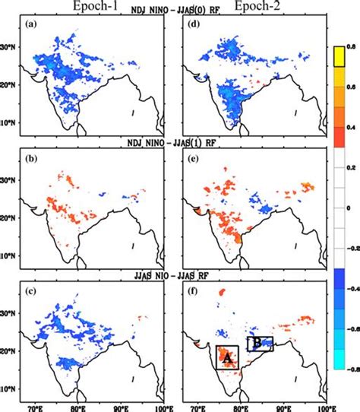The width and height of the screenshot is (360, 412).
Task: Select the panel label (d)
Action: [x=193, y=24]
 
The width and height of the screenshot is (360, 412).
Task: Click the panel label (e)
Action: [x=193, y=158]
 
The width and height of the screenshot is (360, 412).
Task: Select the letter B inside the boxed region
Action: [x=257, y=344]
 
